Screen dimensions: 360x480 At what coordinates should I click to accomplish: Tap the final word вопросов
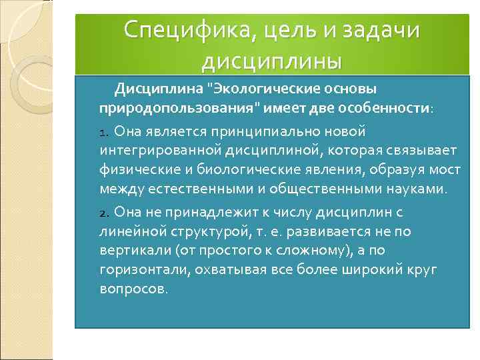point(133,289)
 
